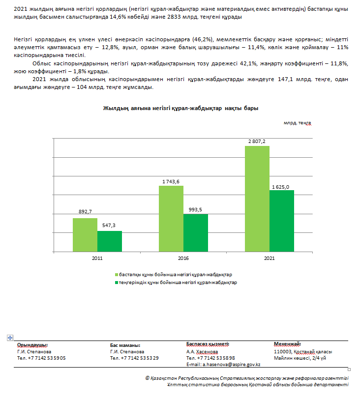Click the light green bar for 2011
tap(85, 234)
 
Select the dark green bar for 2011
tap(109, 241)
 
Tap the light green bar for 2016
tap(171, 218)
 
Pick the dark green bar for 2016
tap(196, 232)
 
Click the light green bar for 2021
tap(257, 199)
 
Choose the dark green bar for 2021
tap(282, 221)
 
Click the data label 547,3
tap(109, 226)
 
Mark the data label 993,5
tap(195, 209)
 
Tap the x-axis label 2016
tap(183, 258)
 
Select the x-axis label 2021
tap(270, 258)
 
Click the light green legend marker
tap(116, 274)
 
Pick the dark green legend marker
tap(116, 283)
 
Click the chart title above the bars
tap(180, 108)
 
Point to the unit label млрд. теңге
tap(297, 123)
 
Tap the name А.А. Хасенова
tap(202, 352)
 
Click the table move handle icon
tap(9, 338)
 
